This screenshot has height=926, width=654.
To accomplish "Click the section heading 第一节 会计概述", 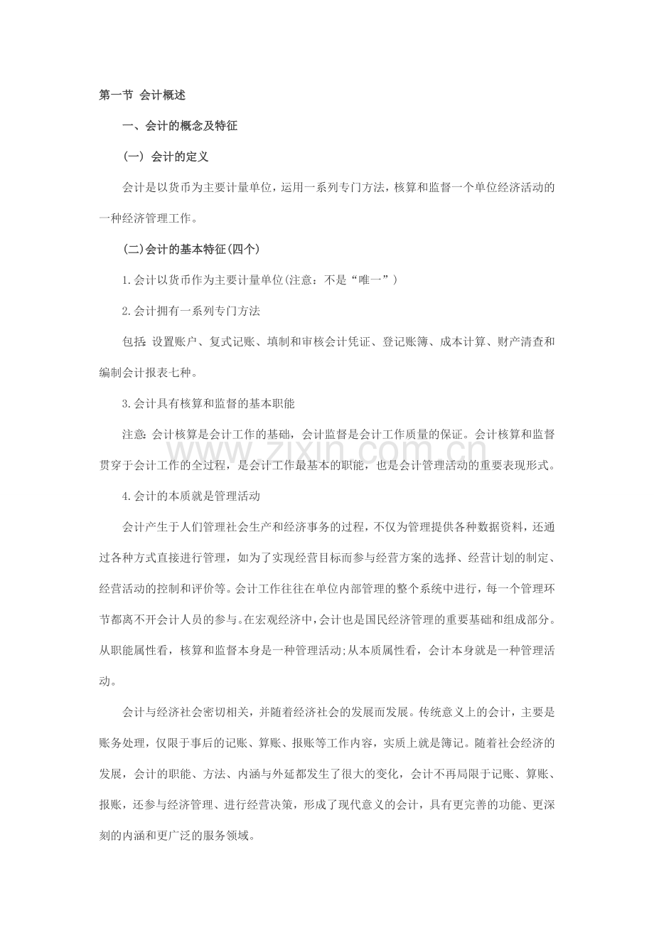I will click(x=142, y=95).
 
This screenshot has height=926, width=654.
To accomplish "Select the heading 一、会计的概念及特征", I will click(x=180, y=126).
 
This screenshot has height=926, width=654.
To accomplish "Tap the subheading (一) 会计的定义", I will click(x=165, y=156).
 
